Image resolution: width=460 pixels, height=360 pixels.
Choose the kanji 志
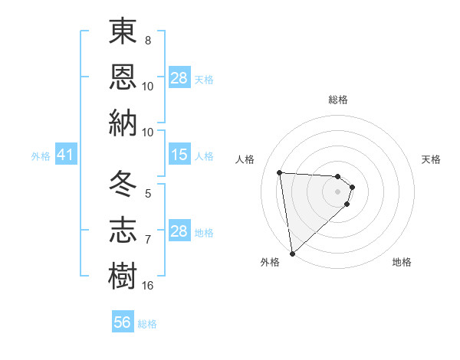[123, 230]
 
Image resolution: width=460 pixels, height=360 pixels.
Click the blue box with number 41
[65, 155]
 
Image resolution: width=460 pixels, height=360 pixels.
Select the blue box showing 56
[123, 322]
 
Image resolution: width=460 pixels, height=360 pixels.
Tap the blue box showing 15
[179, 155]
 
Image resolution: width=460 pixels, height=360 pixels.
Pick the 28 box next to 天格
[179, 78]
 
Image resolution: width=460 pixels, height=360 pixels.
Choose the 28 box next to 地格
[179, 231]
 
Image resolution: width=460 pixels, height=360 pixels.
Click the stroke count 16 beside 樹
[148, 286]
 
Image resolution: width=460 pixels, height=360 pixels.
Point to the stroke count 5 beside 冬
[148, 195]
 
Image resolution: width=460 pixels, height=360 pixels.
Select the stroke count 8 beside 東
[148, 41]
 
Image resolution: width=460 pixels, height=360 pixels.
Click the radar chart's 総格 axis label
[338, 100]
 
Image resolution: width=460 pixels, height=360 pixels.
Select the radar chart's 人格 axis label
[245, 159]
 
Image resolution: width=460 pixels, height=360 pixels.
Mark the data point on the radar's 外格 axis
[292, 253]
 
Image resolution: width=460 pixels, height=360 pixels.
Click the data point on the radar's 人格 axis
[280, 172]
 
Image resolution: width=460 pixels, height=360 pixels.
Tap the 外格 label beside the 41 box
[41, 156]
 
